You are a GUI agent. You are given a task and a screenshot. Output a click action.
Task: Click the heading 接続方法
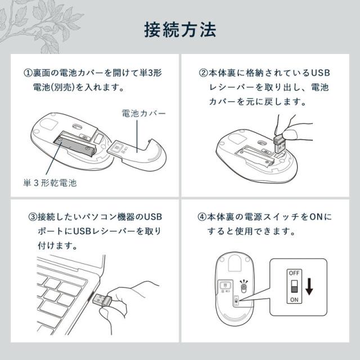180,30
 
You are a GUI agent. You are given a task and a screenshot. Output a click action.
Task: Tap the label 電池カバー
143,113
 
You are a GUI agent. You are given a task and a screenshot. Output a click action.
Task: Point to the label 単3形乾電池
50,183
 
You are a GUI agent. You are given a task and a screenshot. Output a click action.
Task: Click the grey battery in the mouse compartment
74,146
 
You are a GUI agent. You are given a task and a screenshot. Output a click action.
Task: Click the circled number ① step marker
28,73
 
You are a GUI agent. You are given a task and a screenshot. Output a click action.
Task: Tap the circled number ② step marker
203,73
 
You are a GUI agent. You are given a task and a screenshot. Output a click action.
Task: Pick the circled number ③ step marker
33,217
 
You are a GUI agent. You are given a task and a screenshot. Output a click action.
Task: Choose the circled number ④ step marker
202,217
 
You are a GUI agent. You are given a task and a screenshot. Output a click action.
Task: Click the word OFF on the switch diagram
294,273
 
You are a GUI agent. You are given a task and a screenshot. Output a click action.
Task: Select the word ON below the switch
294,300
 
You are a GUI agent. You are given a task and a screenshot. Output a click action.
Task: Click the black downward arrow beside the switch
309,286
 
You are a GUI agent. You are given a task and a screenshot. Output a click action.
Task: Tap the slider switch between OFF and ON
294,286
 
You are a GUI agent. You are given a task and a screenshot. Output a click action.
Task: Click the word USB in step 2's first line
321,73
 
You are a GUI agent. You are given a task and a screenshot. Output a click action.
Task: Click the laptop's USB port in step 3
90,298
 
